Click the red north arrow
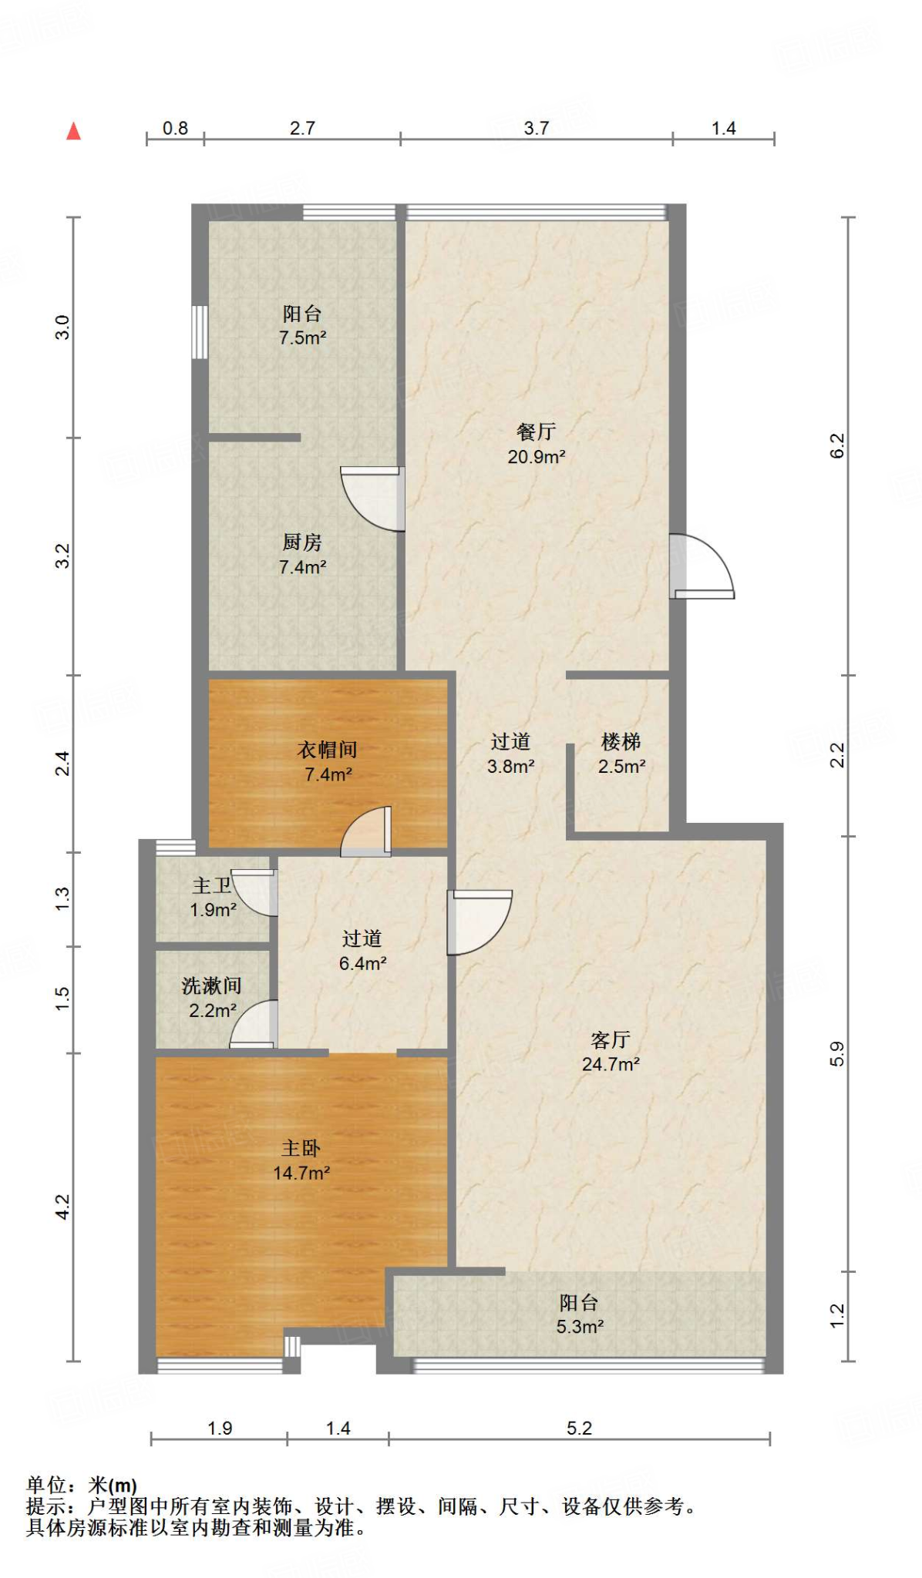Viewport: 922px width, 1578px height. coord(73,131)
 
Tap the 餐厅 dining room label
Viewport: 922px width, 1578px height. coord(537,444)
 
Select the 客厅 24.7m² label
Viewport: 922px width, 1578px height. coord(611,1052)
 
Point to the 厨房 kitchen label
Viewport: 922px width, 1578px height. coord(302,555)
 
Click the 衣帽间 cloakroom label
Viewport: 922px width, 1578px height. coord(328,761)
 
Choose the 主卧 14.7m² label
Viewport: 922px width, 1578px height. coord(301,1160)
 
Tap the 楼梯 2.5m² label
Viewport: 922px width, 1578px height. coord(621,754)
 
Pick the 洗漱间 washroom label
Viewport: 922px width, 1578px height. coord(211,998)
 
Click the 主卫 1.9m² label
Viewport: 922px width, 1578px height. coord(213,898)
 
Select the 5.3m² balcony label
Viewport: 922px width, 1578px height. coord(580,1314)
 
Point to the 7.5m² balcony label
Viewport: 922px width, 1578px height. coord(302,325)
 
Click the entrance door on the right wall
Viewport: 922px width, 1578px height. coord(702,566)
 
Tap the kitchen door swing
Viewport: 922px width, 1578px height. coord(372,499)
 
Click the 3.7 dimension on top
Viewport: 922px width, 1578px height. coord(537,128)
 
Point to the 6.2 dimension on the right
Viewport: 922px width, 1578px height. coord(837,445)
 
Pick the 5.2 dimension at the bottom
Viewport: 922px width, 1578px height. coord(579,1428)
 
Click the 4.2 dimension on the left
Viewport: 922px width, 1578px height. coord(62,1207)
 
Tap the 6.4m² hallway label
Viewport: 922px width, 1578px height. coord(362,951)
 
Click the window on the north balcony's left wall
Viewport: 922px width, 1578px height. coord(200,332)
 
